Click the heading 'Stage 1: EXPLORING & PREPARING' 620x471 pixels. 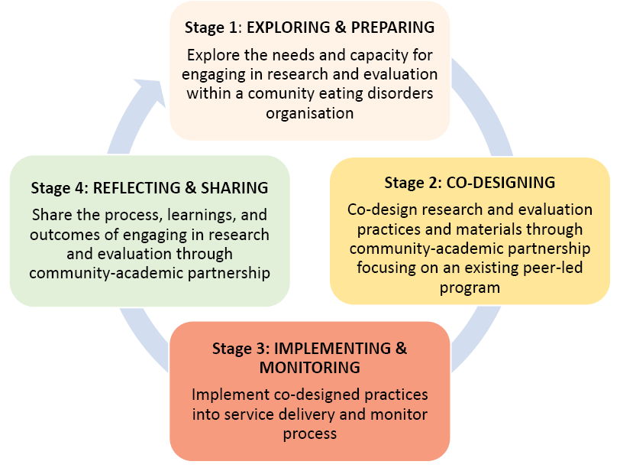(309, 28)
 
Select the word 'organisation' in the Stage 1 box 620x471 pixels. (309, 114)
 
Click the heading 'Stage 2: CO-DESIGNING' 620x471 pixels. (470, 183)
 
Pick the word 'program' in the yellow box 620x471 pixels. (470, 287)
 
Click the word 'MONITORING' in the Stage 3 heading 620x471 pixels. (309, 368)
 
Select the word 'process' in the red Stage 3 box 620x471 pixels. (309, 434)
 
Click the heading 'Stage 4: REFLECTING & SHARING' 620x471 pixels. (150, 188)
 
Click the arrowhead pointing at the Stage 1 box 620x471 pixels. (152, 92)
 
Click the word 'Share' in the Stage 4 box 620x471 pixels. (52, 216)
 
